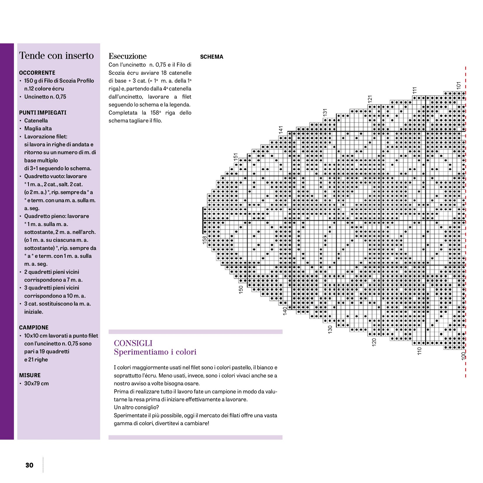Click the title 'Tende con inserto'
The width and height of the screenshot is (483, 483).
pyautogui.click(x=56, y=55)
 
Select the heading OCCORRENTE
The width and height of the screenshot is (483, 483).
pyautogui.click(x=37, y=73)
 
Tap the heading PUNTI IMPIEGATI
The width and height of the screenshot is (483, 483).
pyautogui.click(x=43, y=112)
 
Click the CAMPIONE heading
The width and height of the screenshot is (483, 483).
pyautogui.click(x=34, y=327)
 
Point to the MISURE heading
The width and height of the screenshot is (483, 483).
pyautogui.click(x=30, y=375)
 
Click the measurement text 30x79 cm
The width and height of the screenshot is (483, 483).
pyautogui.click(x=36, y=383)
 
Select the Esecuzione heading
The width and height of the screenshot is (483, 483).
pyautogui.click(x=127, y=56)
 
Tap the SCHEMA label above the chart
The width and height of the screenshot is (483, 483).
pyautogui.click(x=211, y=57)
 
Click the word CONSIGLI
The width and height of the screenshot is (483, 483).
pyautogui.click(x=133, y=343)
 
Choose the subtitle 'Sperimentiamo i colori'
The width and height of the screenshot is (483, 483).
pyautogui.click(x=155, y=352)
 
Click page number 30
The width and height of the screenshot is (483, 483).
pyautogui.click(x=29, y=465)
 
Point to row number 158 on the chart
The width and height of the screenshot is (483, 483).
pyautogui.click(x=204, y=239)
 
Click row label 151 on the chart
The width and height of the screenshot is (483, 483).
pyautogui.click(x=236, y=157)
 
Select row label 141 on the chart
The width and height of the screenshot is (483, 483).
pyautogui.click(x=281, y=130)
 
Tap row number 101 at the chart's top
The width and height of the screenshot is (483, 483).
pyautogui.click(x=458, y=85)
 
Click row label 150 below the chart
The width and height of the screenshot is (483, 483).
pyautogui.click(x=241, y=289)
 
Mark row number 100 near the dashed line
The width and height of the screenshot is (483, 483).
pyautogui.click(x=463, y=356)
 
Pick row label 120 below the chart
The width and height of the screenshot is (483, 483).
pyautogui.click(x=374, y=342)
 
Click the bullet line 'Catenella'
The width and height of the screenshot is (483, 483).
pyautogui.click(x=36, y=121)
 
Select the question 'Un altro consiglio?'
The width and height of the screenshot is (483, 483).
pyautogui.click(x=136, y=407)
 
